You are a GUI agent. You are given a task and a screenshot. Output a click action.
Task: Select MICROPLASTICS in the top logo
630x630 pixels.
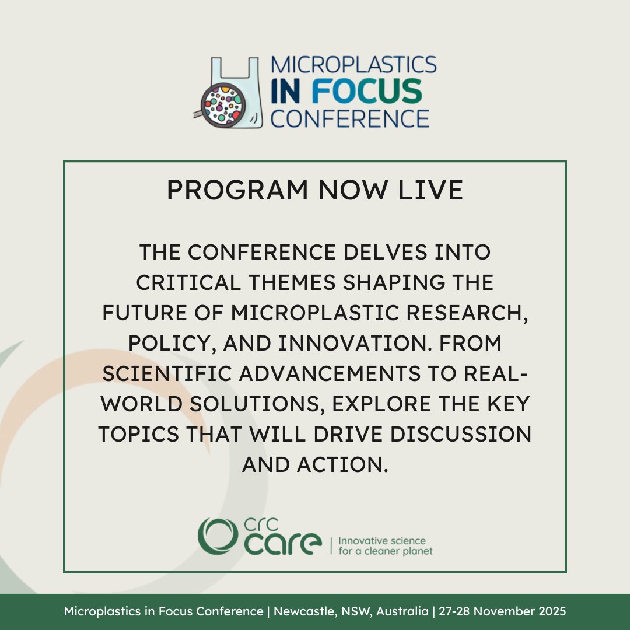[353, 65]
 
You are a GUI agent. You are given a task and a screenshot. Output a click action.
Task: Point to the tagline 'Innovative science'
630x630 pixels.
[382, 541]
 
